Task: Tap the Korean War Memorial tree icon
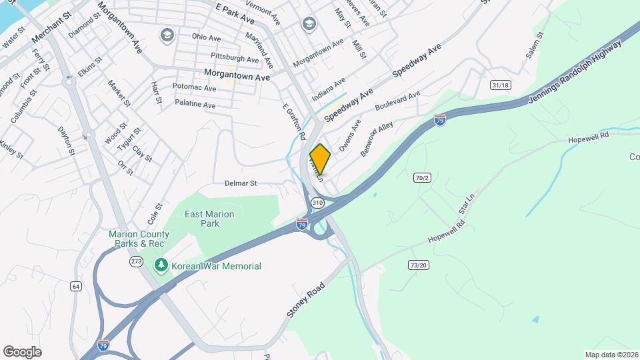pos(161,266)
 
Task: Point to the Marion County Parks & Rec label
pos(139,239)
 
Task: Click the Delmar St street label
pos(239,183)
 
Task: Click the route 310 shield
pos(317,202)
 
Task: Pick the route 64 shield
pos(76,286)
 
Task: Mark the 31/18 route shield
pos(500,85)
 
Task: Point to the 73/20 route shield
pos(418,265)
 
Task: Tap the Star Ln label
pos(465,207)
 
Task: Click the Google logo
pos(22,352)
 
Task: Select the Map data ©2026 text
pos(610,355)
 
